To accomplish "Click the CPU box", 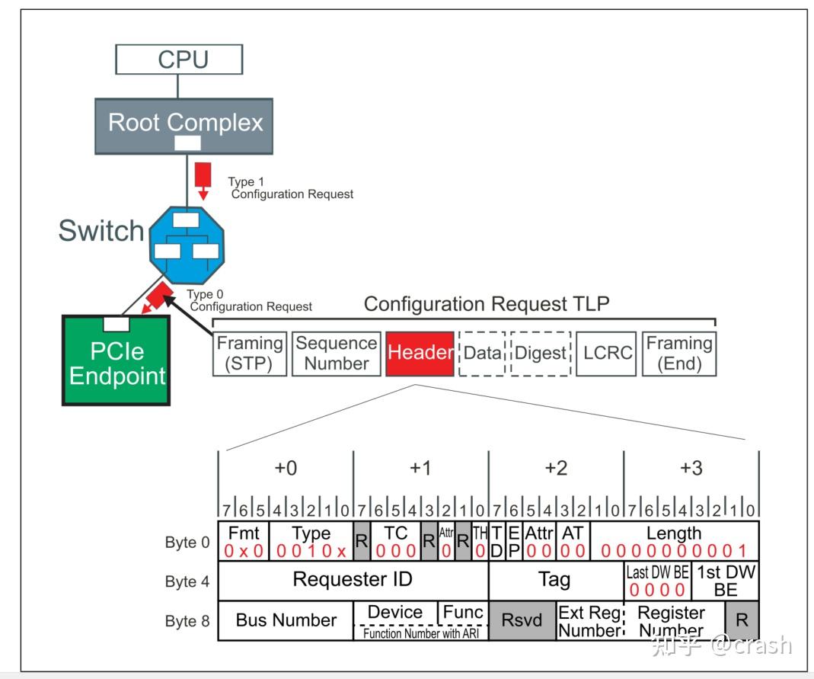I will pyautogui.click(x=179, y=59).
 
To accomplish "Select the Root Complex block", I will pyautogui.click(x=185, y=122).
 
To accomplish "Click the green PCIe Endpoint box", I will pyautogui.click(x=117, y=362).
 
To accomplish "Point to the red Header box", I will pyautogui.click(x=420, y=354).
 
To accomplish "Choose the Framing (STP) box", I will pyautogui.click(x=250, y=354).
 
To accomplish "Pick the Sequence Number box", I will pyautogui.click(x=336, y=354).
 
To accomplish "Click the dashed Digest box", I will pyautogui.click(x=541, y=354).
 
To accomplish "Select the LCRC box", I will pyautogui.click(x=607, y=354).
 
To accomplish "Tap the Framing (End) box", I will pyautogui.click(x=678, y=354).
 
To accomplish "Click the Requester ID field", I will pyautogui.click(x=353, y=580).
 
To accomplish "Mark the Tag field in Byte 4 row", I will pyautogui.click(x=554, y=580).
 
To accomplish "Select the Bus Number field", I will pyautogui.click(x=286, y=620).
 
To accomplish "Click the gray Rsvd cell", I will pyautogui.click(x=522, y=620).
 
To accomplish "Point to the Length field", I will pyautogui.click(x=674, y=540).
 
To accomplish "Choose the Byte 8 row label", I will pyautogui.click(x=187, y=621).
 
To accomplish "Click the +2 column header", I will pyautogui.click(x=556, y=468).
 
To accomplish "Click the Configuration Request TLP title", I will pyautogui.click(x=487, y=304).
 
